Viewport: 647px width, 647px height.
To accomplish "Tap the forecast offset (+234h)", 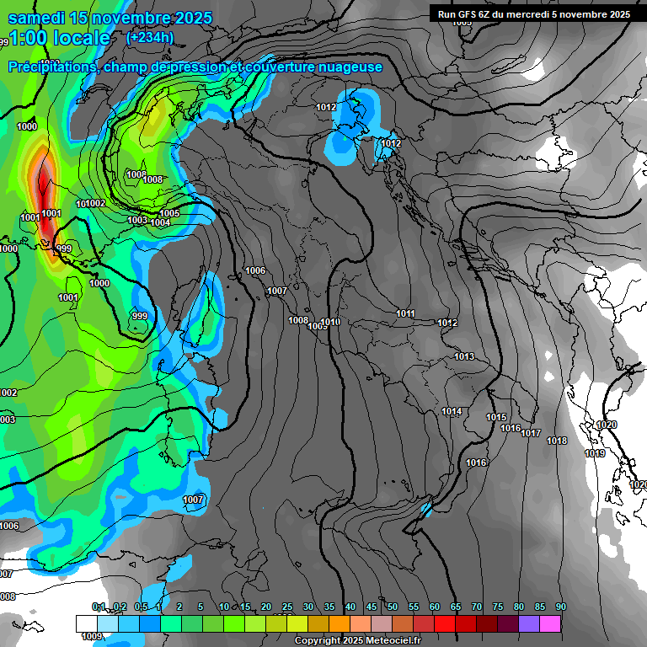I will [150, 37].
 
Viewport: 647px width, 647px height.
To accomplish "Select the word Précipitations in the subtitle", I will [52, 67].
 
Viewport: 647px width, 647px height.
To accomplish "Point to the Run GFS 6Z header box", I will [534, 13].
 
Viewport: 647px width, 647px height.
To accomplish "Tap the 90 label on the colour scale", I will [560, 607].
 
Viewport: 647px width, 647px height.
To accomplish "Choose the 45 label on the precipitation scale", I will [372, 607].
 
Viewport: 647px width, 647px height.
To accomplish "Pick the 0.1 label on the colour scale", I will [99, 607].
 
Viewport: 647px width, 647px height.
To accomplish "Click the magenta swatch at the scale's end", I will [550, 623].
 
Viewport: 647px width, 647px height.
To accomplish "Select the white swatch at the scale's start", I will [86, 623].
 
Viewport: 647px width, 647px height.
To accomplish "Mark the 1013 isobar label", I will [464, 356].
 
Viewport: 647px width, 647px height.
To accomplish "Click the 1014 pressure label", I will [452, 411].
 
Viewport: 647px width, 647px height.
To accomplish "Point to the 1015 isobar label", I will [496, 417].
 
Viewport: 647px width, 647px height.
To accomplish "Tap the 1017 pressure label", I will [531, 433].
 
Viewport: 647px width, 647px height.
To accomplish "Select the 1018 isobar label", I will [557, 441].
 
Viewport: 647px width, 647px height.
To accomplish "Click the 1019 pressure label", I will [595, 453].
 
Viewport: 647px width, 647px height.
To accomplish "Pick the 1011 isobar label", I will [406, 313].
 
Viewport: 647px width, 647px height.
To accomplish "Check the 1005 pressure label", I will [169, 213].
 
